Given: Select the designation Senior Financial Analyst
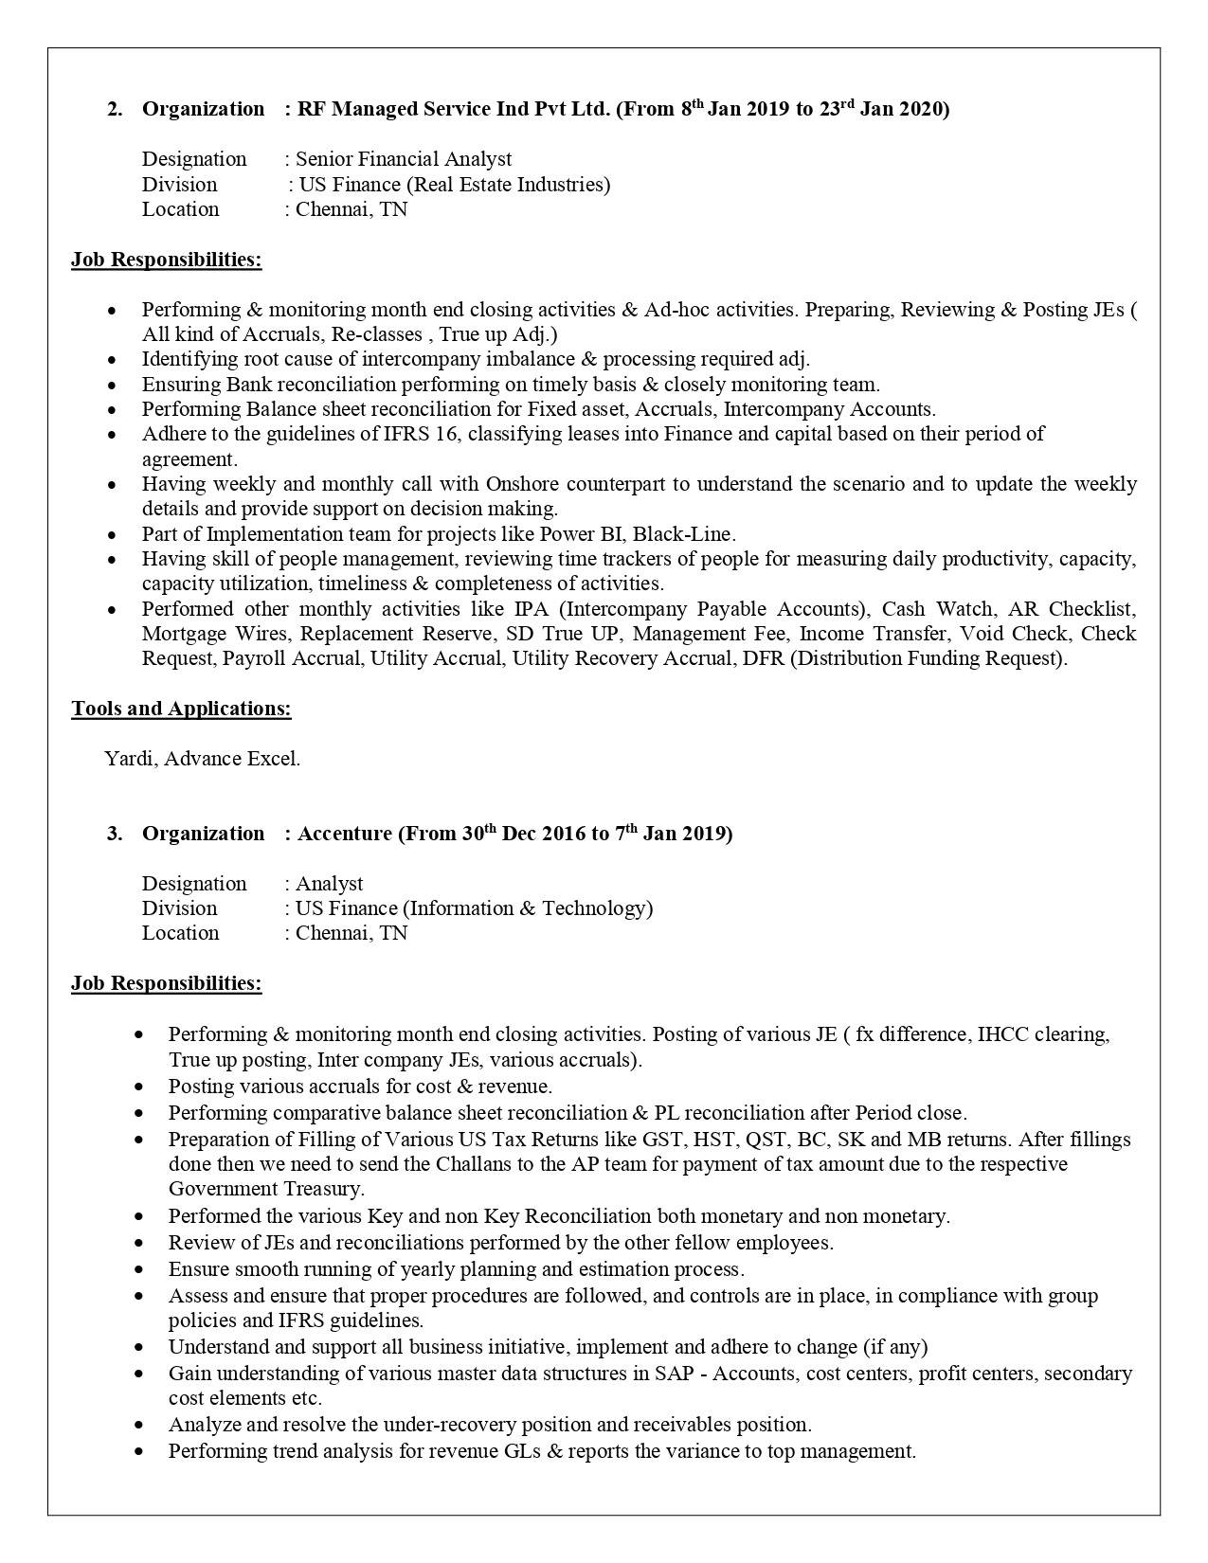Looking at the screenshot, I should pos(404,159).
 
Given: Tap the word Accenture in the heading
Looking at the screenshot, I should pos(344,834).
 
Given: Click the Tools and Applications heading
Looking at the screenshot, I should pos(181,709).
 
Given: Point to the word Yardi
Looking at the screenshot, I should pos(130,759).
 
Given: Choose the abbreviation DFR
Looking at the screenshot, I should pos(763,658).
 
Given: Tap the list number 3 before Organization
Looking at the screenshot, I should pos(114,834).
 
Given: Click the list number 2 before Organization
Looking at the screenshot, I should pos(114,109).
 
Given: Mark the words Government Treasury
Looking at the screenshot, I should pos(266,1189).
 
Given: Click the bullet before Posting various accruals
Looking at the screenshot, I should pos(140,1087).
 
